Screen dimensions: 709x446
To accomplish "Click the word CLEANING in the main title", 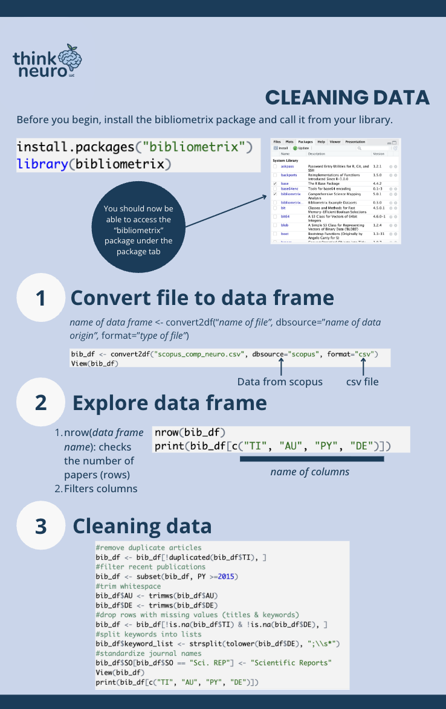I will click(307, 98).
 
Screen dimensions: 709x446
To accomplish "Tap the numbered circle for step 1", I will click(41, 298).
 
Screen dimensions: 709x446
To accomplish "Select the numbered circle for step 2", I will click(41, 402).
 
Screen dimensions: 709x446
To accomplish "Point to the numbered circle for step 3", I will click(41, 526).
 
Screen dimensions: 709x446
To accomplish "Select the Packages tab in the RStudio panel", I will click(305, 141).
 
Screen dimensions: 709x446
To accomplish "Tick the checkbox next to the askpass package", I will click(276, 166).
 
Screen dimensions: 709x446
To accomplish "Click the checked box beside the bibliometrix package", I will click(276, 194).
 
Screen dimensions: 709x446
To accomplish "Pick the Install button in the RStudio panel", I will click(281, 148).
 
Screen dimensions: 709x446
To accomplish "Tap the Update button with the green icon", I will click(301, 148).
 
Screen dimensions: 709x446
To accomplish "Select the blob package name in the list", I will click(285, 225).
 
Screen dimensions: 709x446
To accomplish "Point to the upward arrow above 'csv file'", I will click(364, 367).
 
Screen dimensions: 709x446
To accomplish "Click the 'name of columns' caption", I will click(309, 472).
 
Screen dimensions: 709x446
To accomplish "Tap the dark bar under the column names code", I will click(312, 459).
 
